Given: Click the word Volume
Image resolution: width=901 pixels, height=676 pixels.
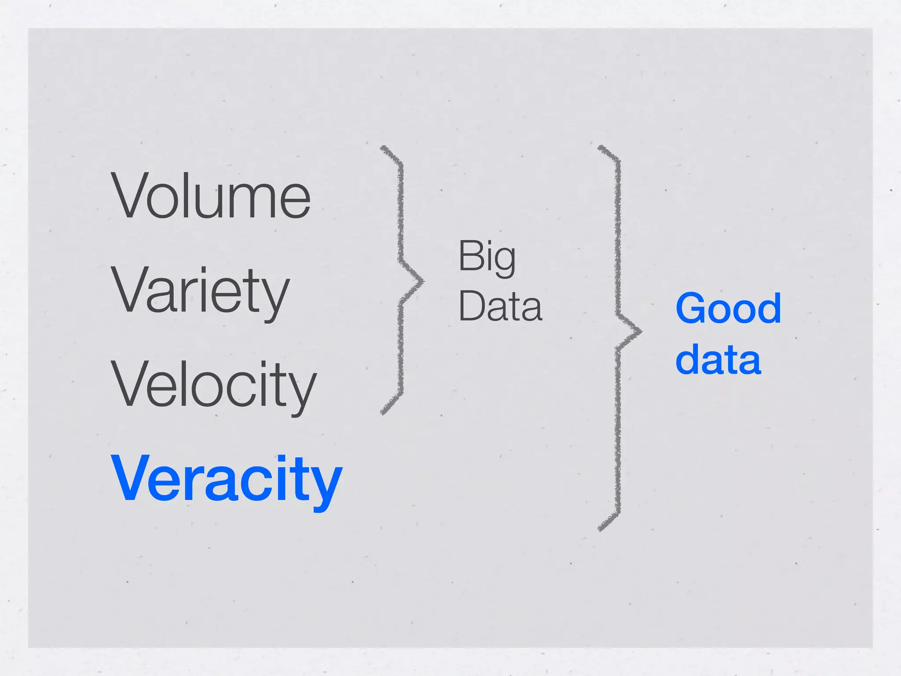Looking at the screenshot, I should [211, 195].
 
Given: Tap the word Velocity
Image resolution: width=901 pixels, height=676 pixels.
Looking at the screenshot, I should [214, 385].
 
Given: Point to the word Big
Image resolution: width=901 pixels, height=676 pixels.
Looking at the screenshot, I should [487, 257].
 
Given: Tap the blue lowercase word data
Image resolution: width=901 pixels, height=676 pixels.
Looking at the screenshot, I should [718, 360].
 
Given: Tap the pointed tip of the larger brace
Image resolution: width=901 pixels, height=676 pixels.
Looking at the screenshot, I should [641, 331].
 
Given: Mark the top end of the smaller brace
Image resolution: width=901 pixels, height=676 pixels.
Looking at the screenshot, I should [382, 147].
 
